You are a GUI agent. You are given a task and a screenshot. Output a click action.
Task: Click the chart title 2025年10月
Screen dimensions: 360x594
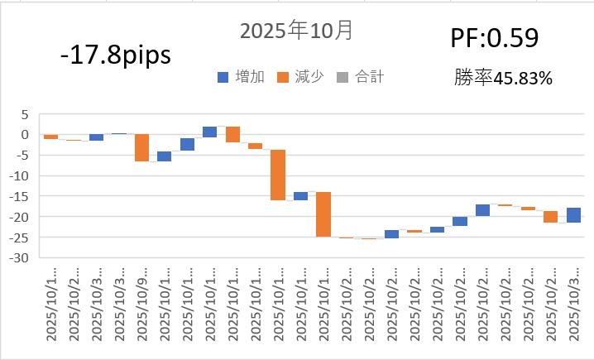tap(296, 31)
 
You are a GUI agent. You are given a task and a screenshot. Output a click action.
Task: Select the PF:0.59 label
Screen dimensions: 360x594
tap(495, 38)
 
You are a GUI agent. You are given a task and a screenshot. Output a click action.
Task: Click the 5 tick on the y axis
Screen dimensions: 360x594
tap(24, 114)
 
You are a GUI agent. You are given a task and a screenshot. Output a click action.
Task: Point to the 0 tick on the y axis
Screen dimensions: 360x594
tap(24, 135)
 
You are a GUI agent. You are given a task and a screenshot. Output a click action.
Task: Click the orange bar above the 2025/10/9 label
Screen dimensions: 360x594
tap(141, 147)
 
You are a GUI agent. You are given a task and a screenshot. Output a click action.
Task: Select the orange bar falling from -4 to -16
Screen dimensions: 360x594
tap(278, 175)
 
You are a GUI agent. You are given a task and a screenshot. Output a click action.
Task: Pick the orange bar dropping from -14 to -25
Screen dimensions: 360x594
tap(323, 214)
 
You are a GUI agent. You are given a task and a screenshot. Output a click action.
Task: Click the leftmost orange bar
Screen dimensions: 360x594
tap(50, 137)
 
